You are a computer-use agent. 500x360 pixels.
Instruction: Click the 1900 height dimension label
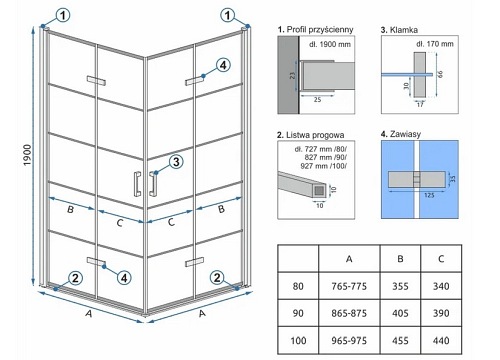[x=27, y=156]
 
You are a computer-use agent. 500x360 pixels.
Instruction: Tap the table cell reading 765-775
[x=349, y=286]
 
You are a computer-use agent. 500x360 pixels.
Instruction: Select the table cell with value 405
[x=400, y=313]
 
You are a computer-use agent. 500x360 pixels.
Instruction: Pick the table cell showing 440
[x=441, y=340]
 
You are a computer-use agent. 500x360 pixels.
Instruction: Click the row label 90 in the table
[x=298, y=313]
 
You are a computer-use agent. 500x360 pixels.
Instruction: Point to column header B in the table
[x=400, y=259]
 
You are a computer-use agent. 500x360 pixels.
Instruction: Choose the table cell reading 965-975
[x=349, y=340]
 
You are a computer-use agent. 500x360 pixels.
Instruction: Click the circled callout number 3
[x=176, y=162]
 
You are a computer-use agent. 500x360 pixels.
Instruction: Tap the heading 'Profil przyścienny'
[x=320, y=30]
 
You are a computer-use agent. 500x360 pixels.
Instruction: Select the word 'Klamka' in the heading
[x=404, y=30]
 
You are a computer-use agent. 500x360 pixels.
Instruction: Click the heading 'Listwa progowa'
[x=315, y=135]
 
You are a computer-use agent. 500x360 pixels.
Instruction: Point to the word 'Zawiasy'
[x=405, y=134]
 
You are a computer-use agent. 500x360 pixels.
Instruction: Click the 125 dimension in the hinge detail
[x=429, y=195]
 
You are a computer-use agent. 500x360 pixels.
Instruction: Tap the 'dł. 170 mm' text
[x=435, y=44]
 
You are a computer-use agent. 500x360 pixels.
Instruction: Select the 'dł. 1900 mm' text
[x=330, y=44]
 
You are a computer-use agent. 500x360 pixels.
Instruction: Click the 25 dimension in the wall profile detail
[x=317, y=99]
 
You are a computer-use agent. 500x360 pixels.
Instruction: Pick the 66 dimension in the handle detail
[x=441, y=74]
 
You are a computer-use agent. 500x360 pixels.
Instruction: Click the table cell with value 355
[x=400, y=286]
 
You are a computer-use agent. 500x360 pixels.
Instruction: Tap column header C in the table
[x=441, y=259]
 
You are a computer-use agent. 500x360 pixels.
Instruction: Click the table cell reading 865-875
[x=349, y=313]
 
